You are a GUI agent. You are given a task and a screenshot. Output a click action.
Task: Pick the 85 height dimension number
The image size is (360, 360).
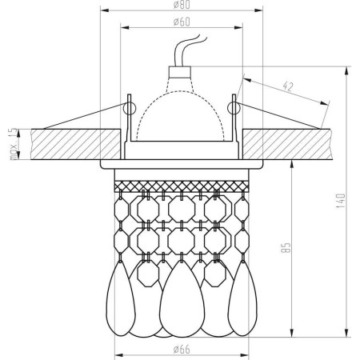click(286, 250)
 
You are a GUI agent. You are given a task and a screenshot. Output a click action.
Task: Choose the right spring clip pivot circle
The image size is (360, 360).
click(233, 106)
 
